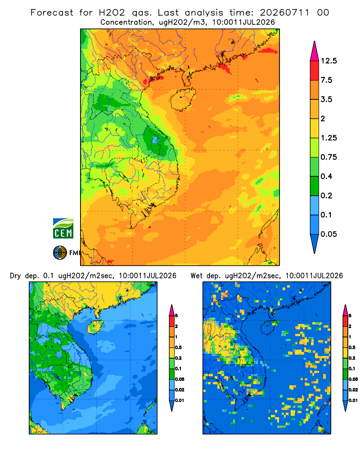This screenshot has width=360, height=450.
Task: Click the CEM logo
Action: tap(63, 229)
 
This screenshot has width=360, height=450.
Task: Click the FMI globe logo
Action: tap(60, 253)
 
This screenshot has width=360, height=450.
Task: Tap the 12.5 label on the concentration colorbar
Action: tap(328, 61)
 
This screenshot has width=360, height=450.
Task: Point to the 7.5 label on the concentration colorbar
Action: tap(326, 80)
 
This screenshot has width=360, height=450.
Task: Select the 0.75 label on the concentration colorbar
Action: tap(328, 157)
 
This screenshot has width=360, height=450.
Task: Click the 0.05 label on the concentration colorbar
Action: tap(328, 234)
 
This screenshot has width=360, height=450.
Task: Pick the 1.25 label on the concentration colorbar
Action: tap(328, 138)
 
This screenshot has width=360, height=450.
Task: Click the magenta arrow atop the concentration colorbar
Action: tap(315, 51)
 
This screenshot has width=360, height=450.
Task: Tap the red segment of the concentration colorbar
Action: tap(315, 71)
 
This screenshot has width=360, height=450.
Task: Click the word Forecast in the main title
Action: tap(52, 13)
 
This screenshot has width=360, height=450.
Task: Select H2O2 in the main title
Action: tap(112, 13)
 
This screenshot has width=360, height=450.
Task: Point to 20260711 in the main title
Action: tap(285, 13)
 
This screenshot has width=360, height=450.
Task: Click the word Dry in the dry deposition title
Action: tap(15, 276)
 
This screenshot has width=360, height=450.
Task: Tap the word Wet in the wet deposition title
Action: tap(197, 276)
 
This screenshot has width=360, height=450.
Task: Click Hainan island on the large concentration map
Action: tap(183, 99)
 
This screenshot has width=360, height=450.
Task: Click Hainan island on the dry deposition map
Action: tap(95, 327)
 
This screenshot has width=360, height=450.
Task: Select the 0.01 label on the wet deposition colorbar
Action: tap(353, 400)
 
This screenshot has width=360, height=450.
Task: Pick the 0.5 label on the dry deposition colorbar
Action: tap(178, 347)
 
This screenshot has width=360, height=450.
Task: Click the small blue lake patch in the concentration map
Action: tap(155, 140)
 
